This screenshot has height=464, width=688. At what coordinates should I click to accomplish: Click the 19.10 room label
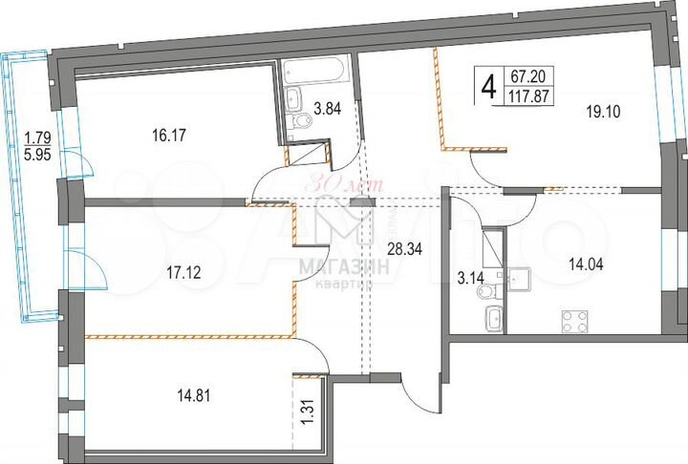coord(603,110)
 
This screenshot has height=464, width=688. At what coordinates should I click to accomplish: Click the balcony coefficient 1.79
coord(35,136)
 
